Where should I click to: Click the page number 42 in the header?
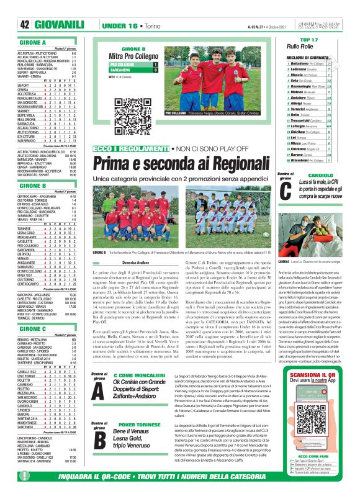pos(25,24)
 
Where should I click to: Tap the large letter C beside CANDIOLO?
pos(285,192)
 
